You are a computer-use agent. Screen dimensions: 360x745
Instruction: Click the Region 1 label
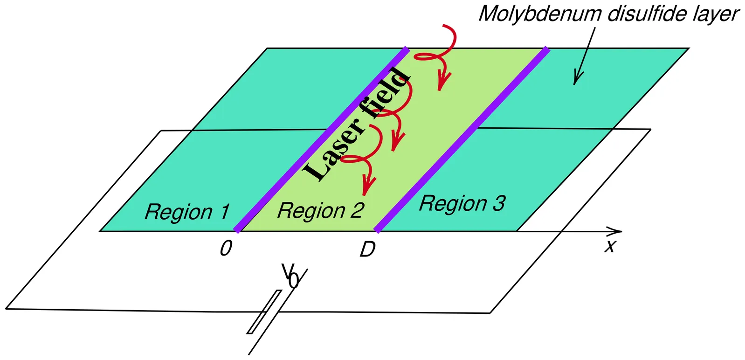tap(187, 212)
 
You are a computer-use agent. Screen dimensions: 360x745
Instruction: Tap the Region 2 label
tap(320, 211)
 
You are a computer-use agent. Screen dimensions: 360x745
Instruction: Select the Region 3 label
tap(462, 204)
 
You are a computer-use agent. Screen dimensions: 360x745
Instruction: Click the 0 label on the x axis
tap(226, 249)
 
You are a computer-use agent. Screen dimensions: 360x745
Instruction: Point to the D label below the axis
tap(367, 250)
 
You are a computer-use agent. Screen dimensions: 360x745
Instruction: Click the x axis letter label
tap(610, 246)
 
